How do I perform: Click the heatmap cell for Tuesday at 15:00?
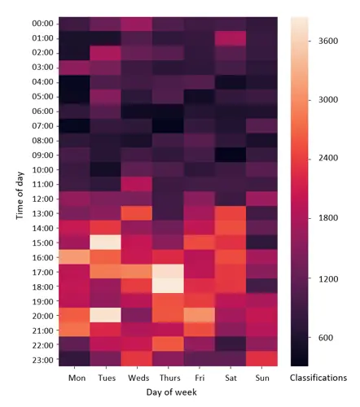point(106,243)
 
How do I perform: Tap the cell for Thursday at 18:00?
point(168,287)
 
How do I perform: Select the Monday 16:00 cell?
point(74,257)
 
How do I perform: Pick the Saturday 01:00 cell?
point(230,38)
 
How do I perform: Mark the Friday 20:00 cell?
point(200,315)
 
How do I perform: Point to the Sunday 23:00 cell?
point(261,359)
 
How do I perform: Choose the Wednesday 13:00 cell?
point(137,213)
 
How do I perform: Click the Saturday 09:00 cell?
point(230,155)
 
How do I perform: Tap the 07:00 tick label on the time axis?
point(42,126)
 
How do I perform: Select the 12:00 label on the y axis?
point(42,199)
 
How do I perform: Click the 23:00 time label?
point(42,360)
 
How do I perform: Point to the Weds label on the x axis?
point(138,378)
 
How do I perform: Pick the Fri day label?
point(200,378)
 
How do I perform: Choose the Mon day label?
point(77,378)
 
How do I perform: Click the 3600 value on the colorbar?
point(328,41)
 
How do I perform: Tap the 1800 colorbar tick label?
point(328,217)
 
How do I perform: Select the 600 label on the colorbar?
point(326,338)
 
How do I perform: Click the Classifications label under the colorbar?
point(318,378)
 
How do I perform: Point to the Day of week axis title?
point(171,392)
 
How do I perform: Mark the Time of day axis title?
point(20,195)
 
